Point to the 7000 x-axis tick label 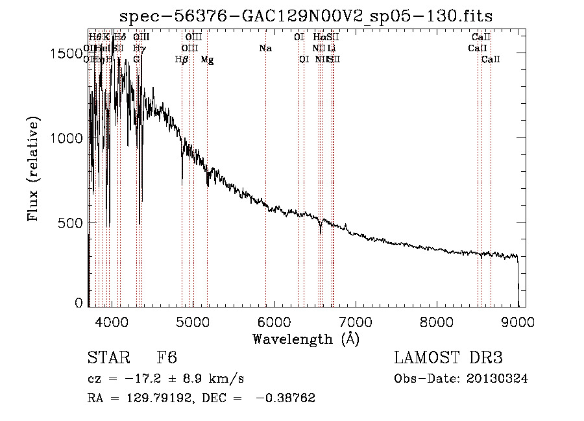[355, 322]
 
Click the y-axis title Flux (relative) [34, 169]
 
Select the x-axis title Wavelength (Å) [306, 339]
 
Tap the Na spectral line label [265, 49]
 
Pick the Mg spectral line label [207, 60]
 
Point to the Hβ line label [182, 60]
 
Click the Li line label [331, 49]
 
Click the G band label [136, 60]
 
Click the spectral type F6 [167, 359]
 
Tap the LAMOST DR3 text [448, 359]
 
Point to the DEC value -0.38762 [286, 398]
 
